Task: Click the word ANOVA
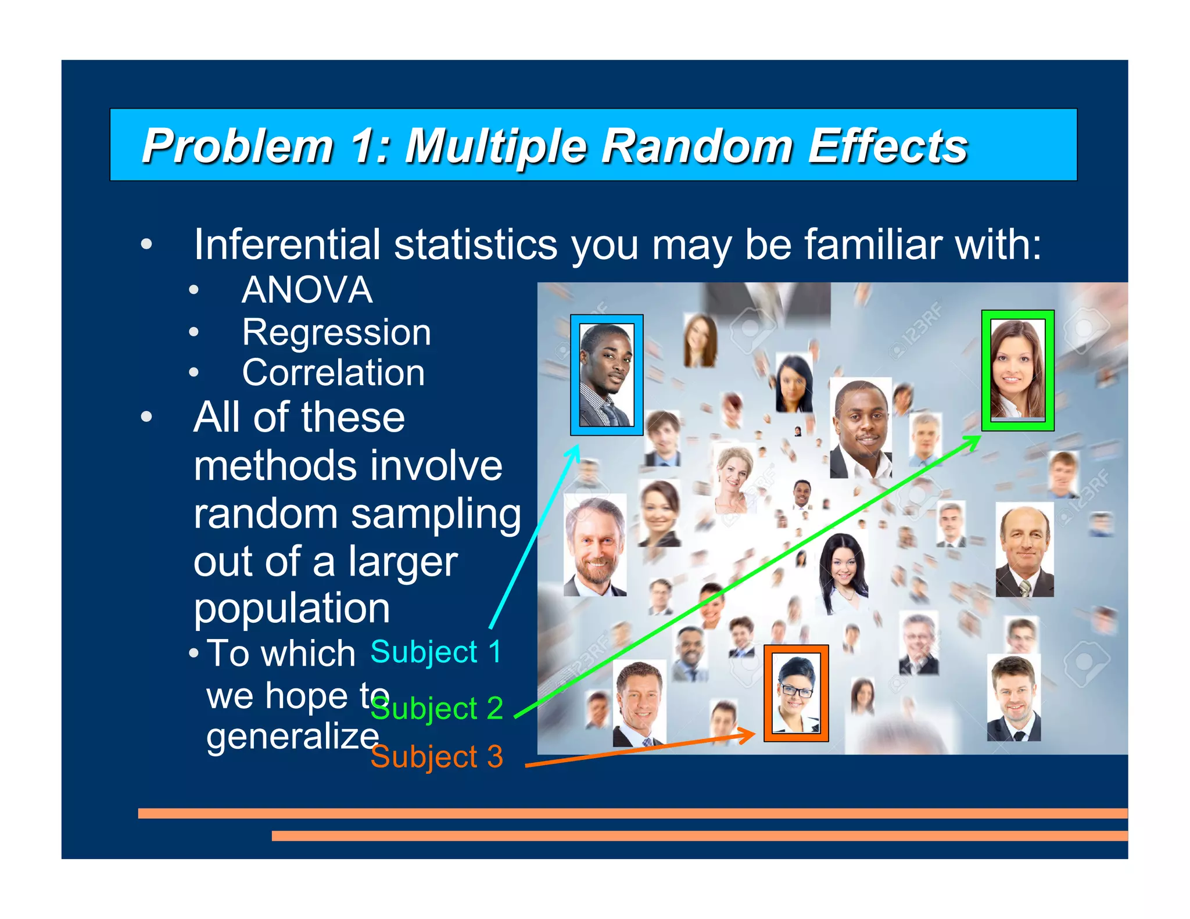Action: tap(307, 290)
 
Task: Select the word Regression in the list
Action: tap(336, 332)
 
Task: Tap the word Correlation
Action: tap(334, 373)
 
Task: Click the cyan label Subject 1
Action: tap(436, 652)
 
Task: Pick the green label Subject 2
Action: tap(437, 709)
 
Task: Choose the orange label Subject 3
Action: tap(437, 757)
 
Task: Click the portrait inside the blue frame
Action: tap(606, 375)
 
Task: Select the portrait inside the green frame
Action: tap(1017, 370)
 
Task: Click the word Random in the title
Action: tap(697, 146)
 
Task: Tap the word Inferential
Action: tap(287, 245)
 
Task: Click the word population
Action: tap(292, 609)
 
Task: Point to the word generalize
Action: tap(293, 737)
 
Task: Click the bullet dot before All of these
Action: tap(146, 417)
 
